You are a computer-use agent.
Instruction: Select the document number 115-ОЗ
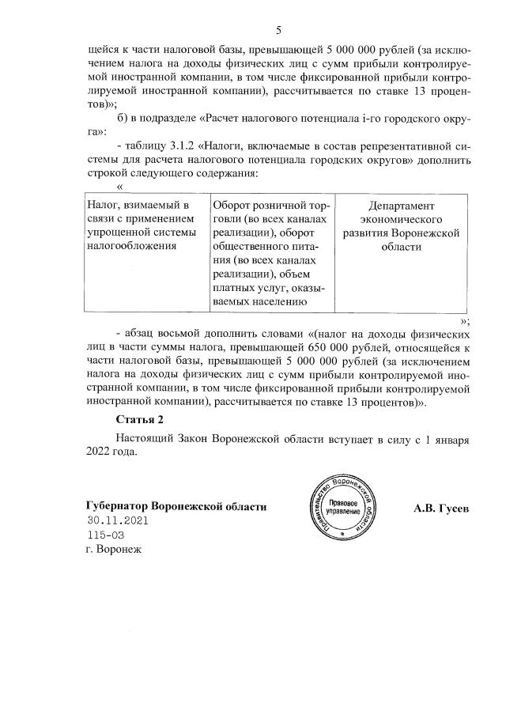pyautogui.click(x=106, y=535)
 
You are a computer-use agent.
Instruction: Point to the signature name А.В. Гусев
pyautogui.click(x=440, y=507)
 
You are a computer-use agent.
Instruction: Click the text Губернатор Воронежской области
pyautogui.click(x=176, y=507)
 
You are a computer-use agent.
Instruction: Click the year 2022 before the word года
pyautogui.click(x=100, y=452)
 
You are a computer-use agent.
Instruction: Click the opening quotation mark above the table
pyautogui.click(x=119, y=187)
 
